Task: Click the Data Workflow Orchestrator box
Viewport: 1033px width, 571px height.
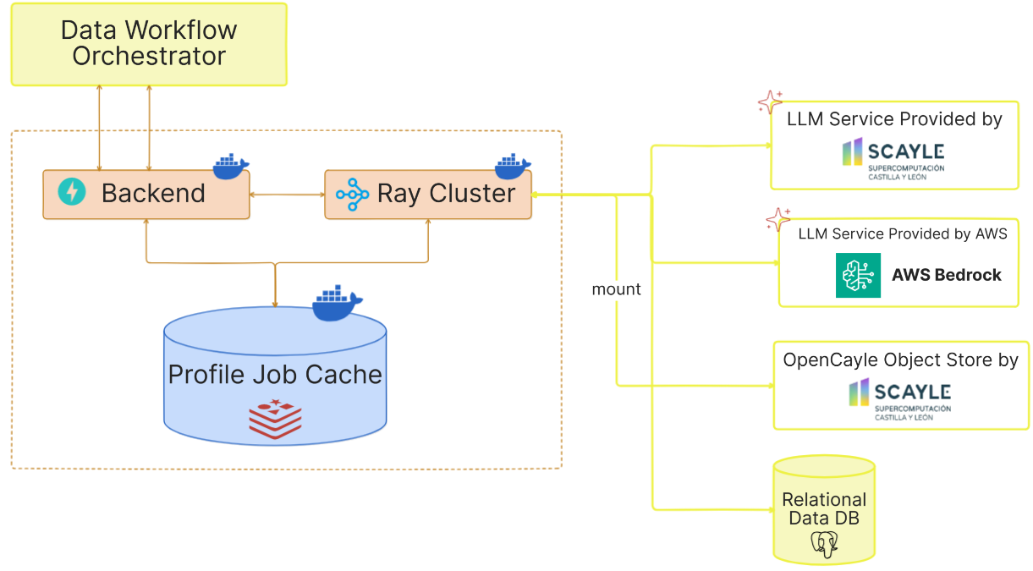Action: [x=149, y=44]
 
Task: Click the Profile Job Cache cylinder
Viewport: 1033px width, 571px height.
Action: [x=275, y=375]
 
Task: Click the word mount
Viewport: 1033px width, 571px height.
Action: [x=616, y=289]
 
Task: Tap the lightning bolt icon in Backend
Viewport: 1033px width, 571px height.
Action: [x=72, y=192]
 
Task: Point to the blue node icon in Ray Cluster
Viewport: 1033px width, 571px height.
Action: [x=352, y=194]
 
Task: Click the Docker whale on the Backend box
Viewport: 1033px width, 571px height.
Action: [x=231, y=167]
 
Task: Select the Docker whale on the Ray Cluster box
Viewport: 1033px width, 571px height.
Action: [x=513, y=167]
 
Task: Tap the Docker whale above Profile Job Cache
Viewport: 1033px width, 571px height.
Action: [x=337, y=304]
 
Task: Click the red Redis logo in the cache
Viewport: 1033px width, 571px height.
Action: [x=275, y=418]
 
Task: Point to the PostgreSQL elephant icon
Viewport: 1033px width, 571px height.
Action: [x=824, y=543]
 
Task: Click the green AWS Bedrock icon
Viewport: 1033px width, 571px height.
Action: [x=858, y=275]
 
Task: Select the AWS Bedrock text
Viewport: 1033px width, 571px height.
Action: [x=946, y=275]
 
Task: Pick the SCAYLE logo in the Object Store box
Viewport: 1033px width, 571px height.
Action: [x=900, y=399]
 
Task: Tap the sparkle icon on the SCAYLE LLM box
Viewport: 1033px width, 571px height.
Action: [x=770, y=102]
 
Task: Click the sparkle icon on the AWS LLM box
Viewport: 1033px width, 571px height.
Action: [x=777, y=220]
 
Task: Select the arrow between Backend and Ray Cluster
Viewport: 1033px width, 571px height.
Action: [x=288, y=195]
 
